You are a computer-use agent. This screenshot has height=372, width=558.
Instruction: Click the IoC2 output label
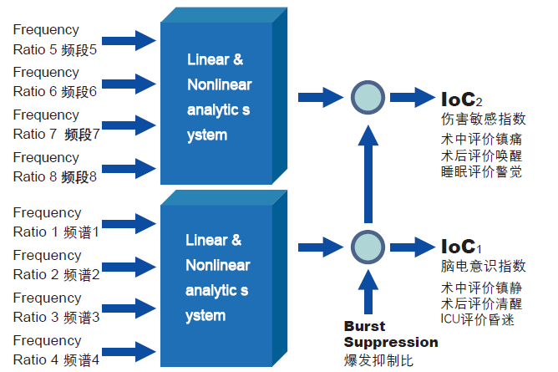pyautogui.click(x=461, y=98)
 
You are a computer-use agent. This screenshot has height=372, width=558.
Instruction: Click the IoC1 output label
pyautogui.click(x=461, y=247)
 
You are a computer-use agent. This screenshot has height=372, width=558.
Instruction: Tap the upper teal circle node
pyautogui.click(x=365, y=97)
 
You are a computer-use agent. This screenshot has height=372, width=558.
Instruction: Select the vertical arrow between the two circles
pyautogui.click(x=365, y=171)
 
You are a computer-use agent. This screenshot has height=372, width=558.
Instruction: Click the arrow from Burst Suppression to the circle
pyautogui.click(x=365, y=293)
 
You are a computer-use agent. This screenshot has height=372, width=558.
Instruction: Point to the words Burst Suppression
pyautogui.click(x=390, y=334)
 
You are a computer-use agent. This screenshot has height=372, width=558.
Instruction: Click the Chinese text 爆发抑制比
pyautogui.click(x=378, y=360)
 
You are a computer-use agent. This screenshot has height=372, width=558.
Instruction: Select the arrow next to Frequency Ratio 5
pyautogui.click(x=134, y=38)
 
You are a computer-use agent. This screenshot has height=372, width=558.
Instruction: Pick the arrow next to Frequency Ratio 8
pyautogui.click(x=134, y=167)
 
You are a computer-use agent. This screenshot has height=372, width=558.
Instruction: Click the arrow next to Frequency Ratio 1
pyautogui.click(x=134, y=222)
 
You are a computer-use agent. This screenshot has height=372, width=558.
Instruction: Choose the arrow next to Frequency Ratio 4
pyautogui.click(x=134, y=350)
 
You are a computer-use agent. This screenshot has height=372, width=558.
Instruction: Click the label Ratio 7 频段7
pyautogui.click(x=57, y=134)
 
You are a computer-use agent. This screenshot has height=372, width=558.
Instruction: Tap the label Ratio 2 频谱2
pyautogui.click(x=56, y=274)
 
